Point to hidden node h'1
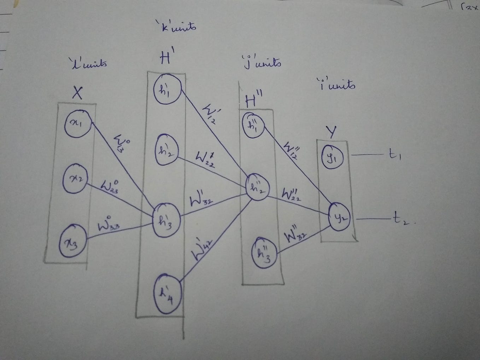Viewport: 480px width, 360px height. [x=167, y=89]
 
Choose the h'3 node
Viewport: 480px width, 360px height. [x=166, y=220]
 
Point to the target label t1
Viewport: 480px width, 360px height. [x=393, y=154]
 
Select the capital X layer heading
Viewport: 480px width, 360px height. [x=77, y=93]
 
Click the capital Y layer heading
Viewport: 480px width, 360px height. [x=331, y=132]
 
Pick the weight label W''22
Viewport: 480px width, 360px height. [x=292, y=194]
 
